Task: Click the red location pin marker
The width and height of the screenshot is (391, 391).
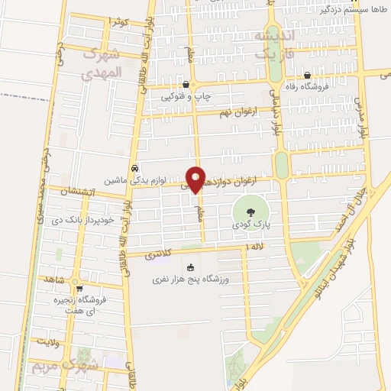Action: click(196, 179)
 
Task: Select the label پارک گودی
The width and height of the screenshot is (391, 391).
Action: click(250, 226)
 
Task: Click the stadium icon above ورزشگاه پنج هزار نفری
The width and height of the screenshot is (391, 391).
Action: click(191, 267)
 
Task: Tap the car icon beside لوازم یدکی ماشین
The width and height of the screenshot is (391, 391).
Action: click(134, 168)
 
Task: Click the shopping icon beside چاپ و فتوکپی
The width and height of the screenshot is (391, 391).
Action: click(187, 84)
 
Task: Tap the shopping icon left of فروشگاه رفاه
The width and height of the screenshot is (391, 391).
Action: click(307, 75)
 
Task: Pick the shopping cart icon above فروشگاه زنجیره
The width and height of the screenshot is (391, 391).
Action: click(79, 288)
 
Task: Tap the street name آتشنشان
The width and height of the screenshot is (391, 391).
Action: click(66, 197)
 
